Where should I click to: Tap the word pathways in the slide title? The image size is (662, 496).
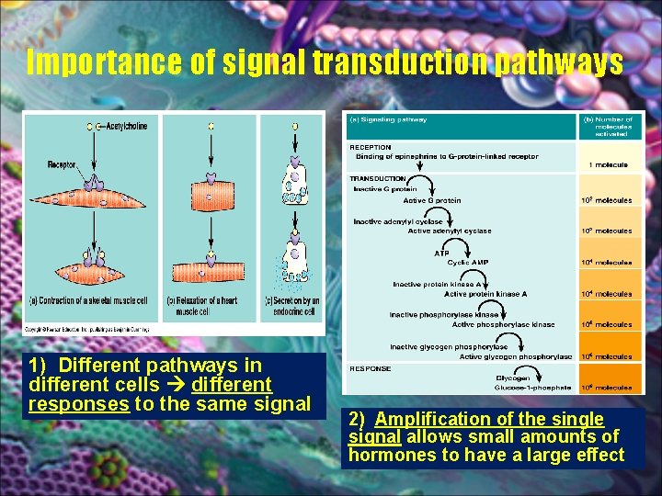click(x=559, y=62)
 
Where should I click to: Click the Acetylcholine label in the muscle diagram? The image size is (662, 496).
click(x=127, y=126)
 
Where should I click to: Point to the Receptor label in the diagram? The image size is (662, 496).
click(x=62, y=164)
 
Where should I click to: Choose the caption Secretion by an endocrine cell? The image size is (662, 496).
click(x=291, y=304)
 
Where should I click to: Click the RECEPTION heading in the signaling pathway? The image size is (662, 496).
click(x=371, y=147)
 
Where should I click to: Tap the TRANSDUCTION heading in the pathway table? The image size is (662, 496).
click(x=378, y=178)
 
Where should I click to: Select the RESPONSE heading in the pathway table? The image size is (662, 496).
click(x=371, y=368)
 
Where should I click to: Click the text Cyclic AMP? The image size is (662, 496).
click(x=468, y=263)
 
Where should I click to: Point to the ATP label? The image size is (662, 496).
click(x=442, y=253)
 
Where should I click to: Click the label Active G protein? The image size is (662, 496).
click(x=432, y=200)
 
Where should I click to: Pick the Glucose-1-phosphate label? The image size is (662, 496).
click(x=533, y=388)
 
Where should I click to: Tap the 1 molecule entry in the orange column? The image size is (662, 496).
click(x=609, y=165)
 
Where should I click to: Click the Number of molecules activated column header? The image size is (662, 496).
click(x=609, y=126)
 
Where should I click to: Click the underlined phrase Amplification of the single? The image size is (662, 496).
click(x=489, y=419)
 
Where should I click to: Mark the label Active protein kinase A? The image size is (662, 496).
click(x=485, y=294)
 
